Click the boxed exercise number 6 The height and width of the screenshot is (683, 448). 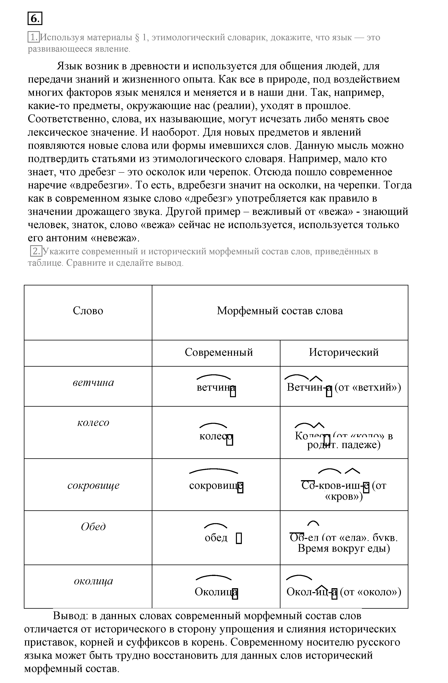click(35, 19)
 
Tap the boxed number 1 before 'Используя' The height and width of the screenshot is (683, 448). click(34, 37)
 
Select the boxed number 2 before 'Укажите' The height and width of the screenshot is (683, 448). click(36, 251)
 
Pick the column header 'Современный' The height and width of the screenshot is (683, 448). click(219, 352)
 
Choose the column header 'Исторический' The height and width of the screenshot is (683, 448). click(344, 352)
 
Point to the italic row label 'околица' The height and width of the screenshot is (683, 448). click(93, 581)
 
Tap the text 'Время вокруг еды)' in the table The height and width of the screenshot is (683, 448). click(344, 548)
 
